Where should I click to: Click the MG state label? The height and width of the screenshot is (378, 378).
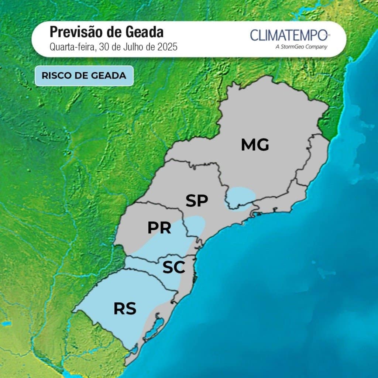click(x=255, y=145)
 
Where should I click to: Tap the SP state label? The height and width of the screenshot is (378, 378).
click(x=197, y=201)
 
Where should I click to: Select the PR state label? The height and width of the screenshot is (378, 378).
click(x=159, y=228)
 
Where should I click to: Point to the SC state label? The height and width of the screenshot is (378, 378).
click(x=173, y=268)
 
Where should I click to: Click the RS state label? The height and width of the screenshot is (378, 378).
click(x=125, y=309)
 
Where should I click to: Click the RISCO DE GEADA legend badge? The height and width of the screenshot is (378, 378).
click(x=84, y=76)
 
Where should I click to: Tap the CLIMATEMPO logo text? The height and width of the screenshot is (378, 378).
click(x=288, y=35)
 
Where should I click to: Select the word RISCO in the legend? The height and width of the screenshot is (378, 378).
click(x=56, y=76)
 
